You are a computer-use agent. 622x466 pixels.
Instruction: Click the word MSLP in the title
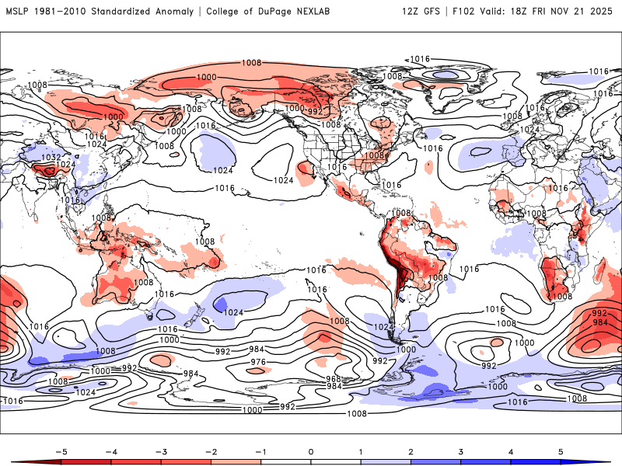[x=19, y=12]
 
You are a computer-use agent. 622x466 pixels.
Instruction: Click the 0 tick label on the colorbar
[x=311, y=450]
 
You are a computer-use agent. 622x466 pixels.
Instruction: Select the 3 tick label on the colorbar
[x=460, y=450]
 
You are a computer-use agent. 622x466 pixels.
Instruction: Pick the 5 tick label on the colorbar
[x=561, y=450]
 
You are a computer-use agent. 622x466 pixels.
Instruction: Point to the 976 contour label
[x=259, y=363]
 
